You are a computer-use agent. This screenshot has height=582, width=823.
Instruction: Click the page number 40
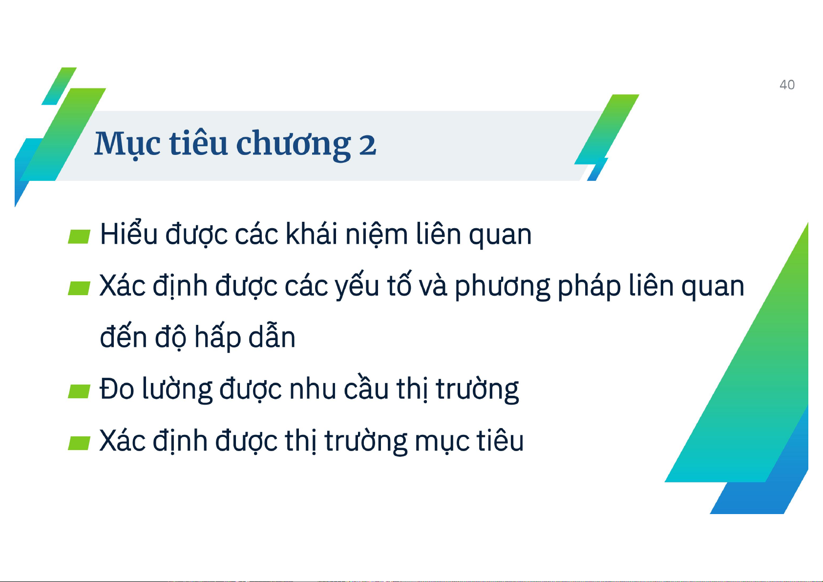pos(787,85)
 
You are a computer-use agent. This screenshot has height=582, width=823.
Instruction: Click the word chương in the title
pos(294,145)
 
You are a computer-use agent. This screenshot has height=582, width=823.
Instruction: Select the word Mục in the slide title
pos(127,145)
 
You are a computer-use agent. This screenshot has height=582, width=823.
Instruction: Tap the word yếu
pos(357,285)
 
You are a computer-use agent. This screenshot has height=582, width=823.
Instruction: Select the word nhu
pos(312,390)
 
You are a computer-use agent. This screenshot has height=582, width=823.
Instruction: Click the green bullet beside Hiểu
pos(79,237)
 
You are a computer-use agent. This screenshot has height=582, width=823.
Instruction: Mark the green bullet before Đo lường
pos(79,391)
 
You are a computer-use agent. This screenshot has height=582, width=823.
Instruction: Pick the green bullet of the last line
pos(79,443)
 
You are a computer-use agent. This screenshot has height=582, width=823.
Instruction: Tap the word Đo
pos(117,388)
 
